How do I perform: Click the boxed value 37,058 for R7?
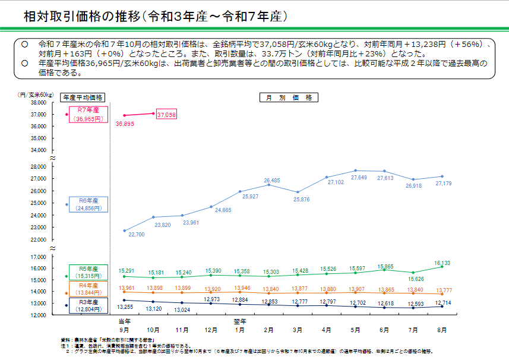coord(166,115)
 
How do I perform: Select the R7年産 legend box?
coord(89,114)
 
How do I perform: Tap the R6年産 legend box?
coord(89,204)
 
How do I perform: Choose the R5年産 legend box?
coord(89,273)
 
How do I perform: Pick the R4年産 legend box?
coord(89,289)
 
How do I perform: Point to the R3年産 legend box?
coord(89,305)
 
